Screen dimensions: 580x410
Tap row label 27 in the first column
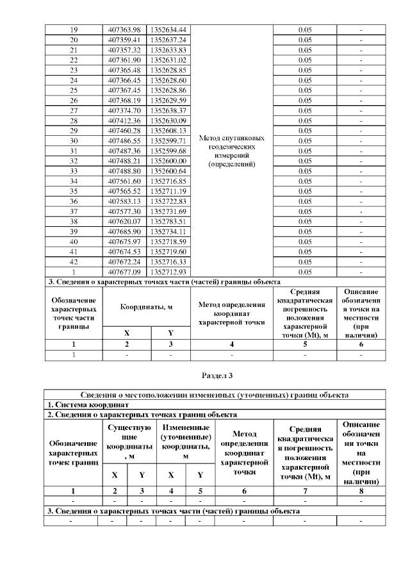(x=74, y=110)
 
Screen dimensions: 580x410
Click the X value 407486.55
(x=124, y=140)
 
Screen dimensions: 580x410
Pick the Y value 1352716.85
(x=168, y=181)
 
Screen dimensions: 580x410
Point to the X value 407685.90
(x=124, y=231)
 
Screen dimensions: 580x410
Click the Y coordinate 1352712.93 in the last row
(x=168, y=271)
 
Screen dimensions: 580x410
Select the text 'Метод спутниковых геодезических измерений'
(x=232, y=151)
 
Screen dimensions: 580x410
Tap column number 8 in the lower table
(x=361, y=491)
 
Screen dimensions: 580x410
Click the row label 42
(x=74, y=261)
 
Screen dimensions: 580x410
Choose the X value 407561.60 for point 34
(x=124, y=181)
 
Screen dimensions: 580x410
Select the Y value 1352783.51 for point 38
(x=168, y=221)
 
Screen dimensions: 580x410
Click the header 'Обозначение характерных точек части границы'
(x=74, y=313)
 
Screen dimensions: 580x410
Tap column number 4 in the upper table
(x=232, y=344)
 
